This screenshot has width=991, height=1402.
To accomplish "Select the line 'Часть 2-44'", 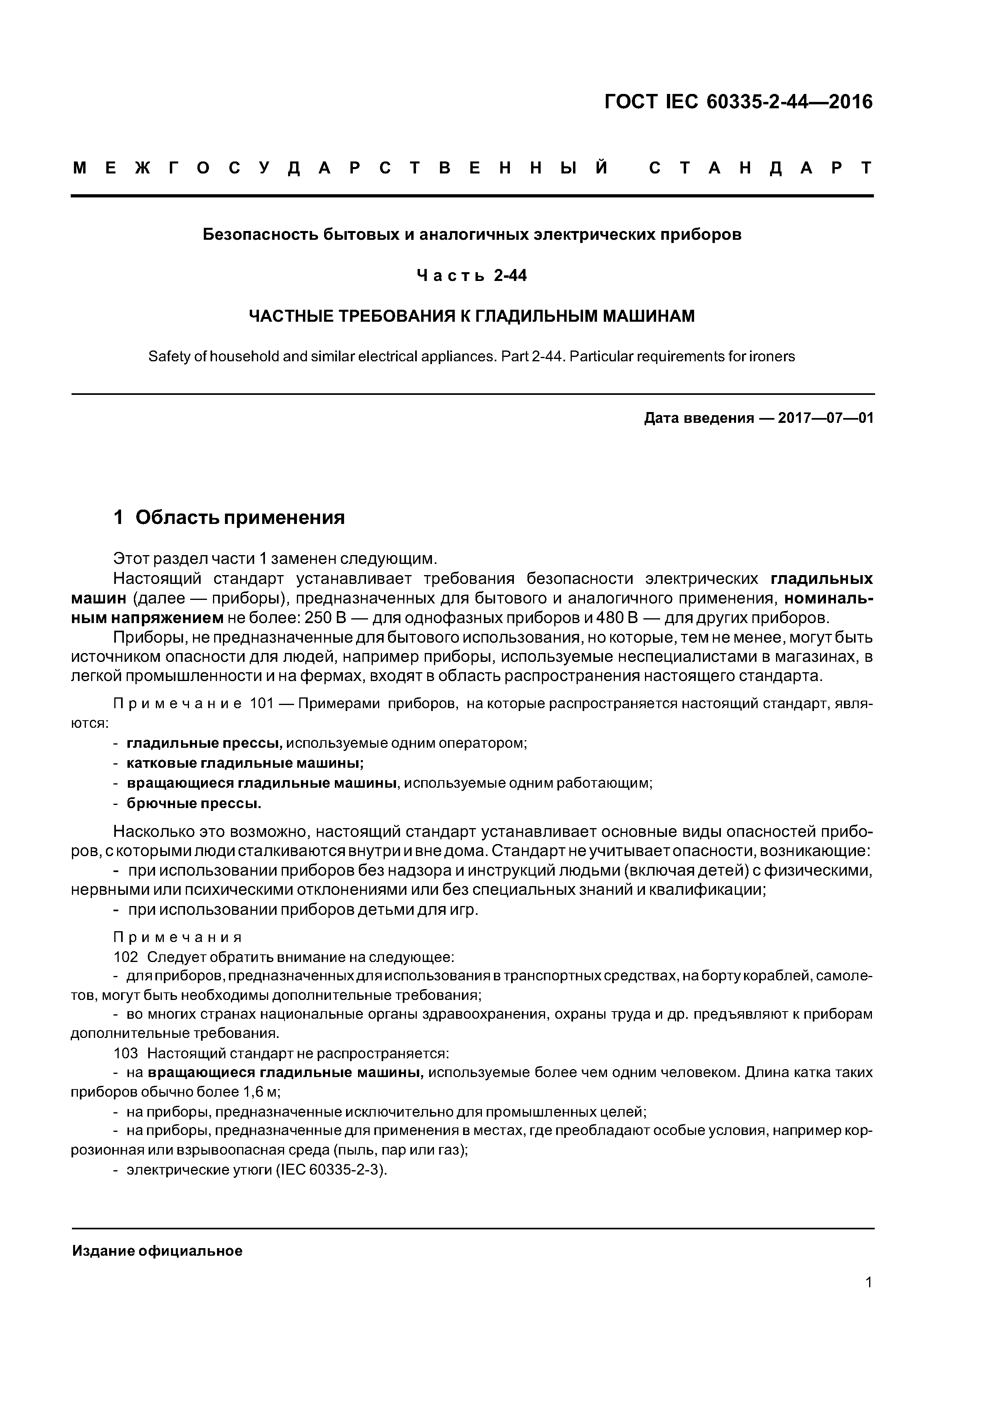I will pos(472,276).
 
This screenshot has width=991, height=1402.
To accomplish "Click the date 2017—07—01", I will pos(826,418).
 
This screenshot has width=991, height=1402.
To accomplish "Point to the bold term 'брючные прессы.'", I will pos(193,804).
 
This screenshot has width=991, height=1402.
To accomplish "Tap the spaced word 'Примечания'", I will pos(178,937).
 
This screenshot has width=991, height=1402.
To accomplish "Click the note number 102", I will pos(126,957).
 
